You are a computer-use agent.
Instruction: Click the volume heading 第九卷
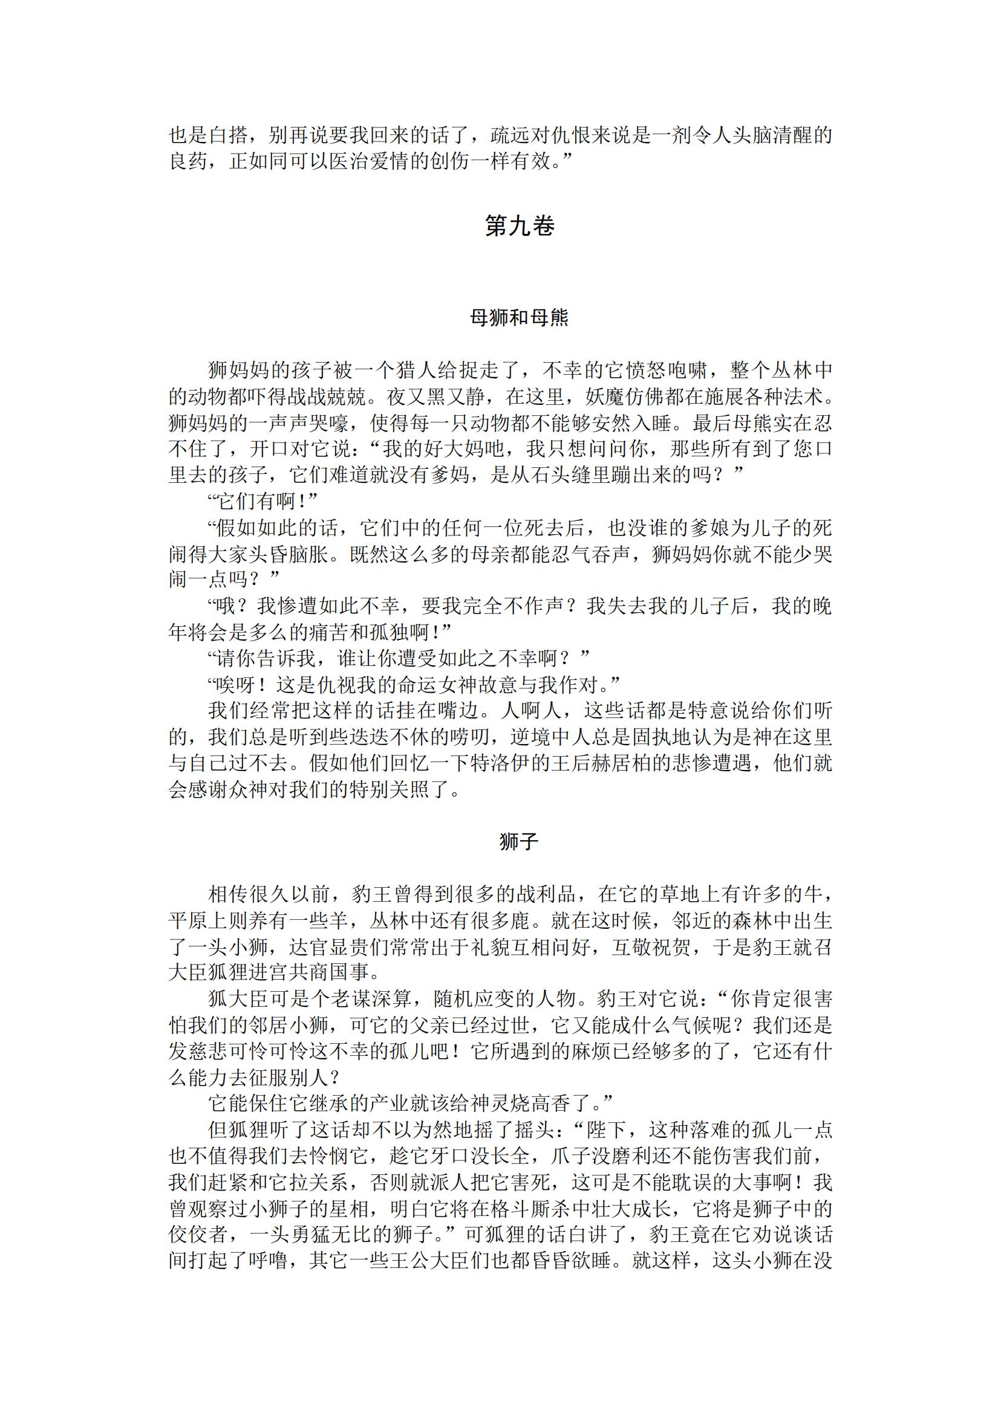tap(519, 227)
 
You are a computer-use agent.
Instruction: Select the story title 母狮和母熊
tap(519, 318)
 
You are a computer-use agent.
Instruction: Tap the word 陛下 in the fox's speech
tap(607, 1129)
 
